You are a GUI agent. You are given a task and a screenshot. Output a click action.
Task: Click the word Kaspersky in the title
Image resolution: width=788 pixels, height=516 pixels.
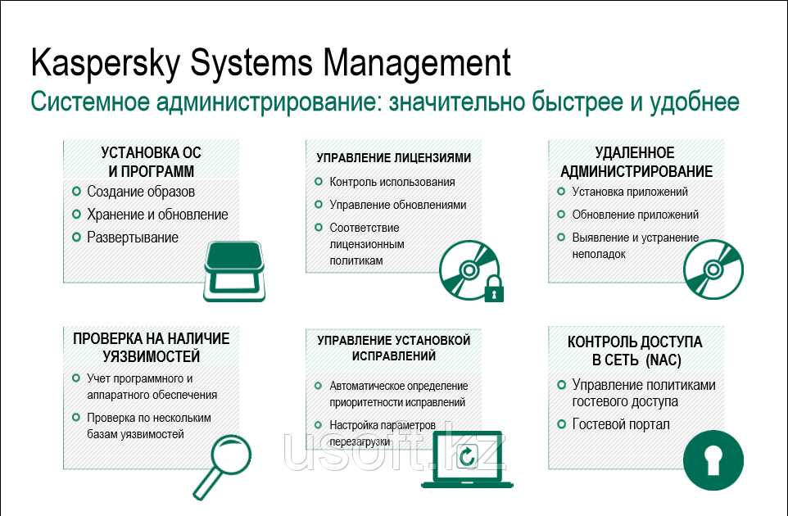(106, 64)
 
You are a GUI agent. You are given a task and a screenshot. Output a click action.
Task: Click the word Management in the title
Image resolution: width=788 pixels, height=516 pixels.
(417, 64)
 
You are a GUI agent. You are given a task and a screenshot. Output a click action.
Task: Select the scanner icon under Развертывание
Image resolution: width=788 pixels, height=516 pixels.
(234, 271)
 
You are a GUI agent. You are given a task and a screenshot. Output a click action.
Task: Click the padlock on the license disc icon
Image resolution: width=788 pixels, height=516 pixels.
(493, 288)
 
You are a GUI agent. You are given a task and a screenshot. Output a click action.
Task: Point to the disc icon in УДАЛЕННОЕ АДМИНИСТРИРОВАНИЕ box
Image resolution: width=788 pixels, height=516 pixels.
(713, 269)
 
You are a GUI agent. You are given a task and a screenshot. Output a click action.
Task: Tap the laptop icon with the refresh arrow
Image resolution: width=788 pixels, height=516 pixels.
(468, 459)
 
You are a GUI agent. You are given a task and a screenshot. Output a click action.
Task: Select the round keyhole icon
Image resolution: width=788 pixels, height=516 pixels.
(713, 460)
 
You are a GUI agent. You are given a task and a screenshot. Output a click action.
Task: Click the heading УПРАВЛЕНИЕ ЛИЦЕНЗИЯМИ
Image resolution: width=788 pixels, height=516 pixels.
(393, 158)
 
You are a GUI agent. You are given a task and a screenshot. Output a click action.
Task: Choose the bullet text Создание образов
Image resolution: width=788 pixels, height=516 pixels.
(141, 192)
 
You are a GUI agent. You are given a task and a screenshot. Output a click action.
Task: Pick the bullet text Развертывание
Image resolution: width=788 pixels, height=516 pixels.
(133, 238)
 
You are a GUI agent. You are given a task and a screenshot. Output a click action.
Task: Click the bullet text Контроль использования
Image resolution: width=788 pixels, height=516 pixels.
(392, 182)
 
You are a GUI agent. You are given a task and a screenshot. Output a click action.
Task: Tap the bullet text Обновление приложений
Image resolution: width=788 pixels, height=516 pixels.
(635, 215)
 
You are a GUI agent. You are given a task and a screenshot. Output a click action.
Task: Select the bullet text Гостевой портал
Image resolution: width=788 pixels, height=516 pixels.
(621, 424)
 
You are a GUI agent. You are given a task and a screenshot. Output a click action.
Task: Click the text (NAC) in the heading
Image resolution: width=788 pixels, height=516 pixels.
(663, 360)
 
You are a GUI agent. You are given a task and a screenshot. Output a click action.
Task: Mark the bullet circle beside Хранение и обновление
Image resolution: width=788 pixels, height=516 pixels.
(76, 215)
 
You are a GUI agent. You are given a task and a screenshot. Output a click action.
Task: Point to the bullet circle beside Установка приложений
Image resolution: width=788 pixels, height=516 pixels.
(561, 192)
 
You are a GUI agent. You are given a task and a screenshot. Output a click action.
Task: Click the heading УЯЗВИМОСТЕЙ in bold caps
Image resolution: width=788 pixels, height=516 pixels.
(152, 357)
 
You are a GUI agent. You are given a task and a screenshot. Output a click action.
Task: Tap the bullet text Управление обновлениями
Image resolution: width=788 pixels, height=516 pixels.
(397, 205)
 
